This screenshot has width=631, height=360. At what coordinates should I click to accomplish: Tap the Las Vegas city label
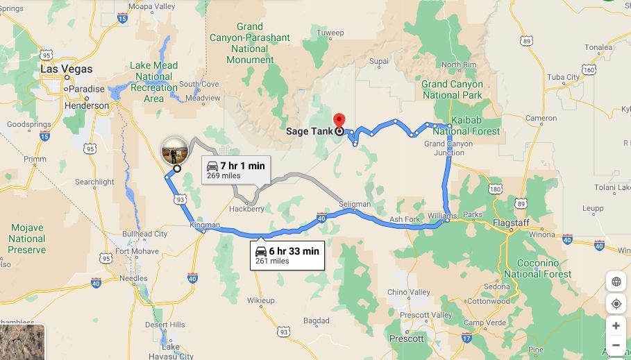click(x=66, y=69)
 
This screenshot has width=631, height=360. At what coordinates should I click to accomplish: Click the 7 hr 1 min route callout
click(x=235, y=169)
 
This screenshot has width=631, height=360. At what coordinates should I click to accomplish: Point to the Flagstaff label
click(x=510, y=223)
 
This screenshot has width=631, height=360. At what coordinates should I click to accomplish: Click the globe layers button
click(x=616, y=282)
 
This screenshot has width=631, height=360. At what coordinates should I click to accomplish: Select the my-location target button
click(x=616, y=304)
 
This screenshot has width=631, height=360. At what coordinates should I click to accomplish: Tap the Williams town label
click(x=442, y=216)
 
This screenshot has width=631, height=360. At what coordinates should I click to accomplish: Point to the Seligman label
click(x=355, y=204)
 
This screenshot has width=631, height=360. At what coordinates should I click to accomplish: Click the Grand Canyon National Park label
click(x=452, y=89)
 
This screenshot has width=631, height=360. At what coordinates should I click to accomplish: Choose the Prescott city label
click(x=406, y=338)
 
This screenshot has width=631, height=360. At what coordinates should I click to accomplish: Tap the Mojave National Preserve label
click(x=27, y=239)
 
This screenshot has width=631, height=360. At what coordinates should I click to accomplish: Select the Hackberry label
click(x=246, y=208)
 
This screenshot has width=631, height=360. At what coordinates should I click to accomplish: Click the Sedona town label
click(x=496, y=286)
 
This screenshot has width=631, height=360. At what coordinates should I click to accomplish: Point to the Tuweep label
click(x=330, y=33)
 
